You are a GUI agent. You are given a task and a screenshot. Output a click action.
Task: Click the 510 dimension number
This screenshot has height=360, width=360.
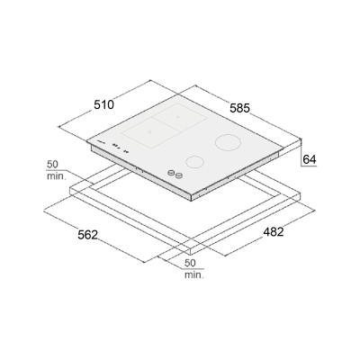pyautogui.click(x=104, y=104)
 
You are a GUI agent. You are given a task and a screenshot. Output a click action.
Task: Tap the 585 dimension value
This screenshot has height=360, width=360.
pyautogui.click(x=239, y=108)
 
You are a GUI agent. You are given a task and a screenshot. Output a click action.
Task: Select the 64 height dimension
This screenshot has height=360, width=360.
pyautogui.click(x=310, y=159)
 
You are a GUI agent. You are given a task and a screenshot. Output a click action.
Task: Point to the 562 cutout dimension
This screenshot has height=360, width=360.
pyautogui.click(x=88, y=235)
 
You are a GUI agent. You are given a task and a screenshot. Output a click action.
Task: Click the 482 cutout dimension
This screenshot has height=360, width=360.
pyautogui.click(x=274, y=231)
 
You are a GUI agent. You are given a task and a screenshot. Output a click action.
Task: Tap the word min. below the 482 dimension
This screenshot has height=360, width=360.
pyautogui.click(x=194, y=274)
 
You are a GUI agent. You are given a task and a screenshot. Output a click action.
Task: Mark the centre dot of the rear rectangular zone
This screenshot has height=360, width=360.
pyautogui.click(x=177, y=117)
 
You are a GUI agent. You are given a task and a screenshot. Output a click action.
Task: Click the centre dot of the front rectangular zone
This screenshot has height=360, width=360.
pyautogui.click(x=149, y=131)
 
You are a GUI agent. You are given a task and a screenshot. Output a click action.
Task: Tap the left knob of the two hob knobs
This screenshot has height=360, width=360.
pyautogui.click(x=171, y=173)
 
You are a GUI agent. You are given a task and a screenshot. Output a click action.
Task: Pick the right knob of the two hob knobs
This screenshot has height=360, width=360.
pyautogui.click(x=179, y=175)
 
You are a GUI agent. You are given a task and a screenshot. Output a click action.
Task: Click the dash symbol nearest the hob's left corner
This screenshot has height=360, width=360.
pyautogui.click(x=101, y=142)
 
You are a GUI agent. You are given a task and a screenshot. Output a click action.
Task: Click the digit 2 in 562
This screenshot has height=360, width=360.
pyautogui.click(x=94, y=235)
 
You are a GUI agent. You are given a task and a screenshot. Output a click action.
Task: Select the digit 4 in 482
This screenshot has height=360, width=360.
pyautogui.click(x=266, y=231)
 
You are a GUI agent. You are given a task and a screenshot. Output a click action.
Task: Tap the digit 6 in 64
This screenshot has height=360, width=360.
pyautogui.click(x=306, y=159)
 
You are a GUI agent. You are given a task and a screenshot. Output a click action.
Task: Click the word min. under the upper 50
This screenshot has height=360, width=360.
pyautogui.click(x=56, y=176)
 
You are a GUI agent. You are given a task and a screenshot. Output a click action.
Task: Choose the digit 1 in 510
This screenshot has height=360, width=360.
pyautogui.click(x=104, y=104)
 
